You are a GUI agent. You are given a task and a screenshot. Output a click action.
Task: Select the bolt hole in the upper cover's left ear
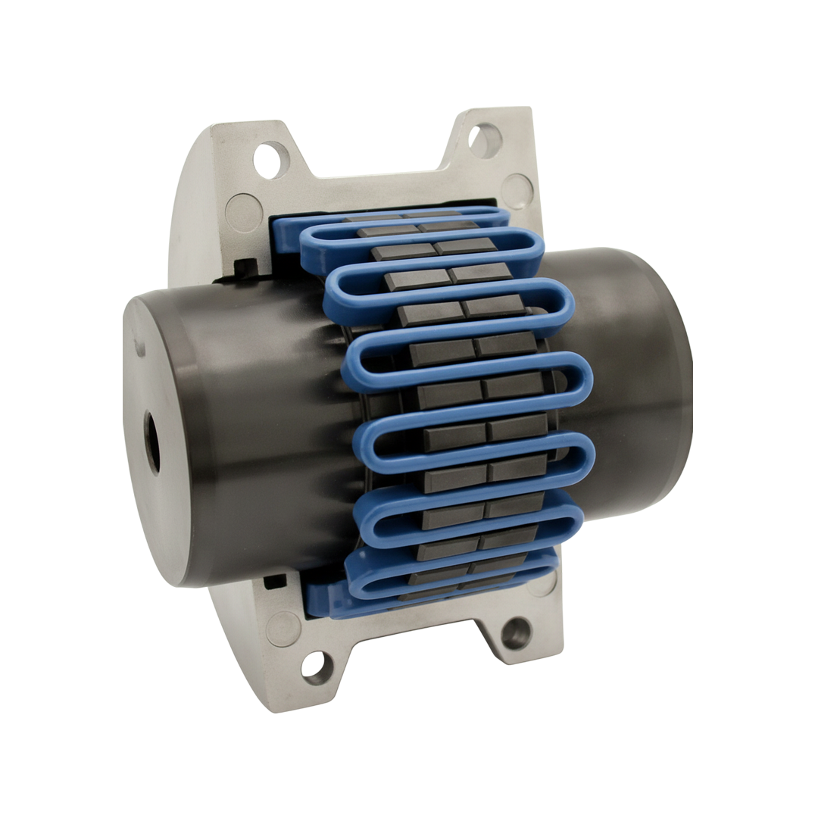click(271, 159)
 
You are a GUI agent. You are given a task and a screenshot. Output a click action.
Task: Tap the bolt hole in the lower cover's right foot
click(517, 632)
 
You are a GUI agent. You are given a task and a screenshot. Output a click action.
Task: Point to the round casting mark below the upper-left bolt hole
click(244, 213)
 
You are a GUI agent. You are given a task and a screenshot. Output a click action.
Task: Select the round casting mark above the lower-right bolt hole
click(542, 582)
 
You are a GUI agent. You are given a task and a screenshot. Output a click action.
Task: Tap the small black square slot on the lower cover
click(274, 582)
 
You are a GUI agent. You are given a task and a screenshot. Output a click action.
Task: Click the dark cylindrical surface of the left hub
click(250, 424)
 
